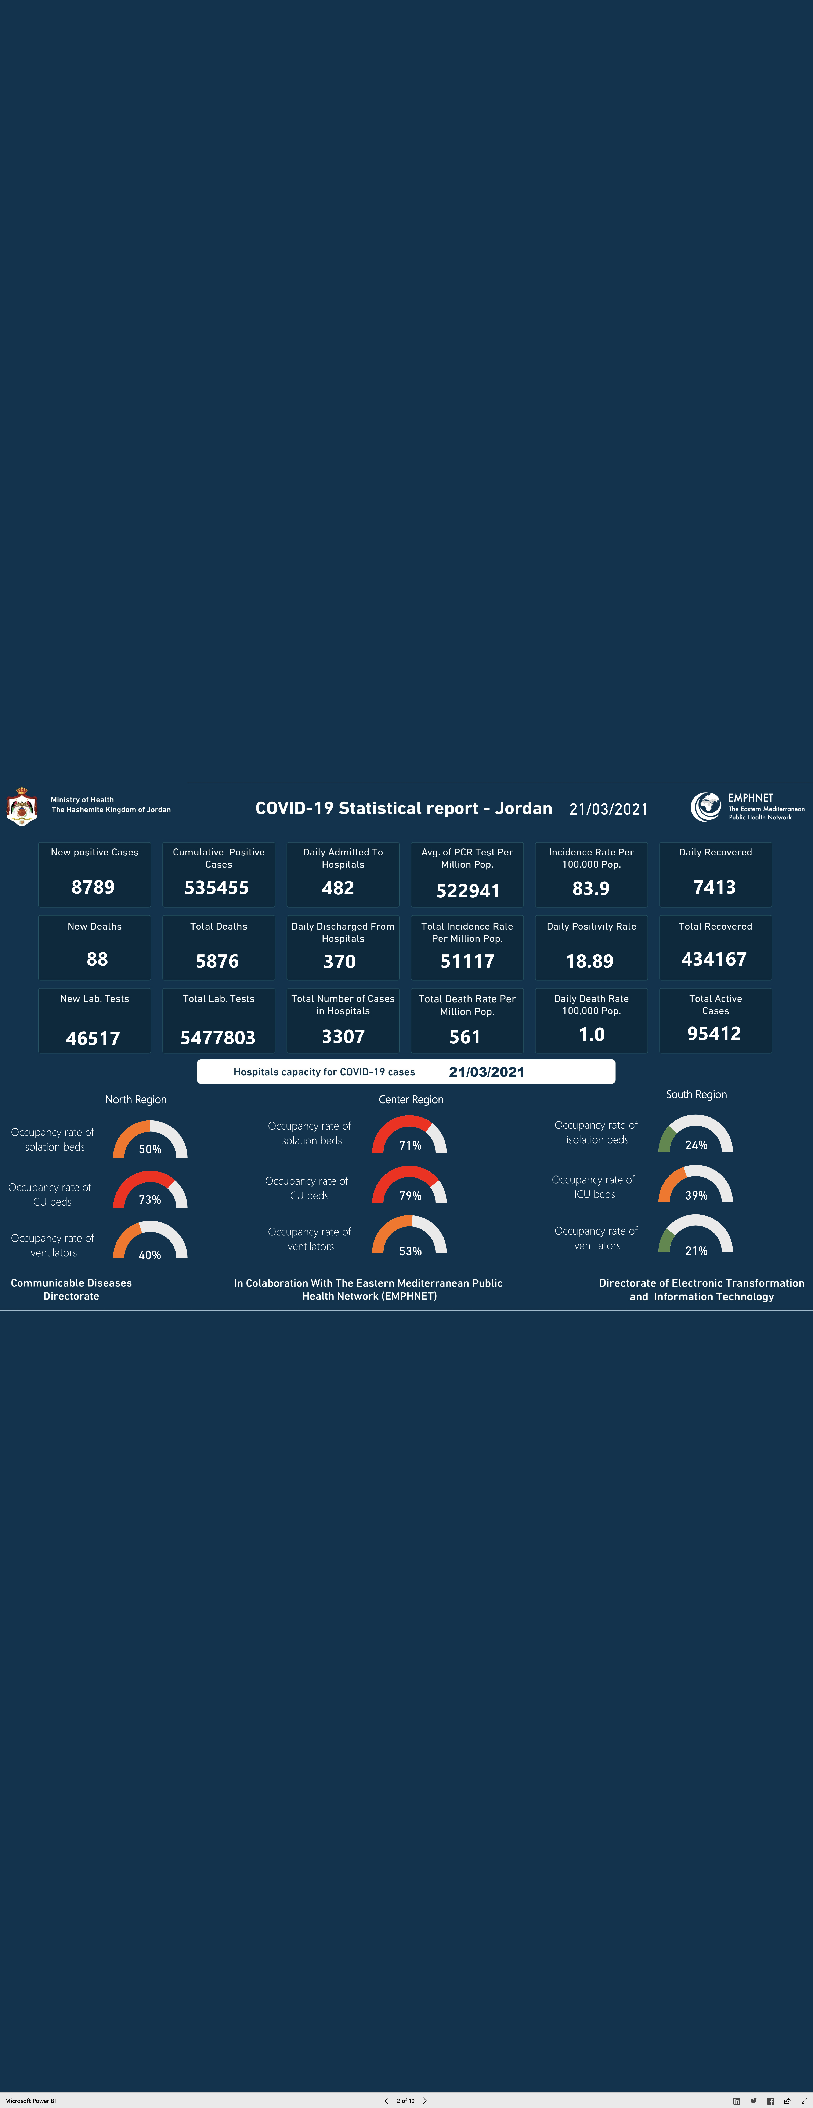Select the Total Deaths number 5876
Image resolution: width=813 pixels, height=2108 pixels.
[217, 961]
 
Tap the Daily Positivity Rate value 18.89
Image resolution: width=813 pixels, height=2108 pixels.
[589, 961]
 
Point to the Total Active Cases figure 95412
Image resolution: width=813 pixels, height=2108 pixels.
[714, 1033]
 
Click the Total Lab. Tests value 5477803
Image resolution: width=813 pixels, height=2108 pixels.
[218, 1038]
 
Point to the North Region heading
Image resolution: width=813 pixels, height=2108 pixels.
[136, 1099]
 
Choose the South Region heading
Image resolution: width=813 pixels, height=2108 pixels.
[696, 1094]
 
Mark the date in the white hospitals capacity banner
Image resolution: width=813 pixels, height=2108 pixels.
[486, 1072]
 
